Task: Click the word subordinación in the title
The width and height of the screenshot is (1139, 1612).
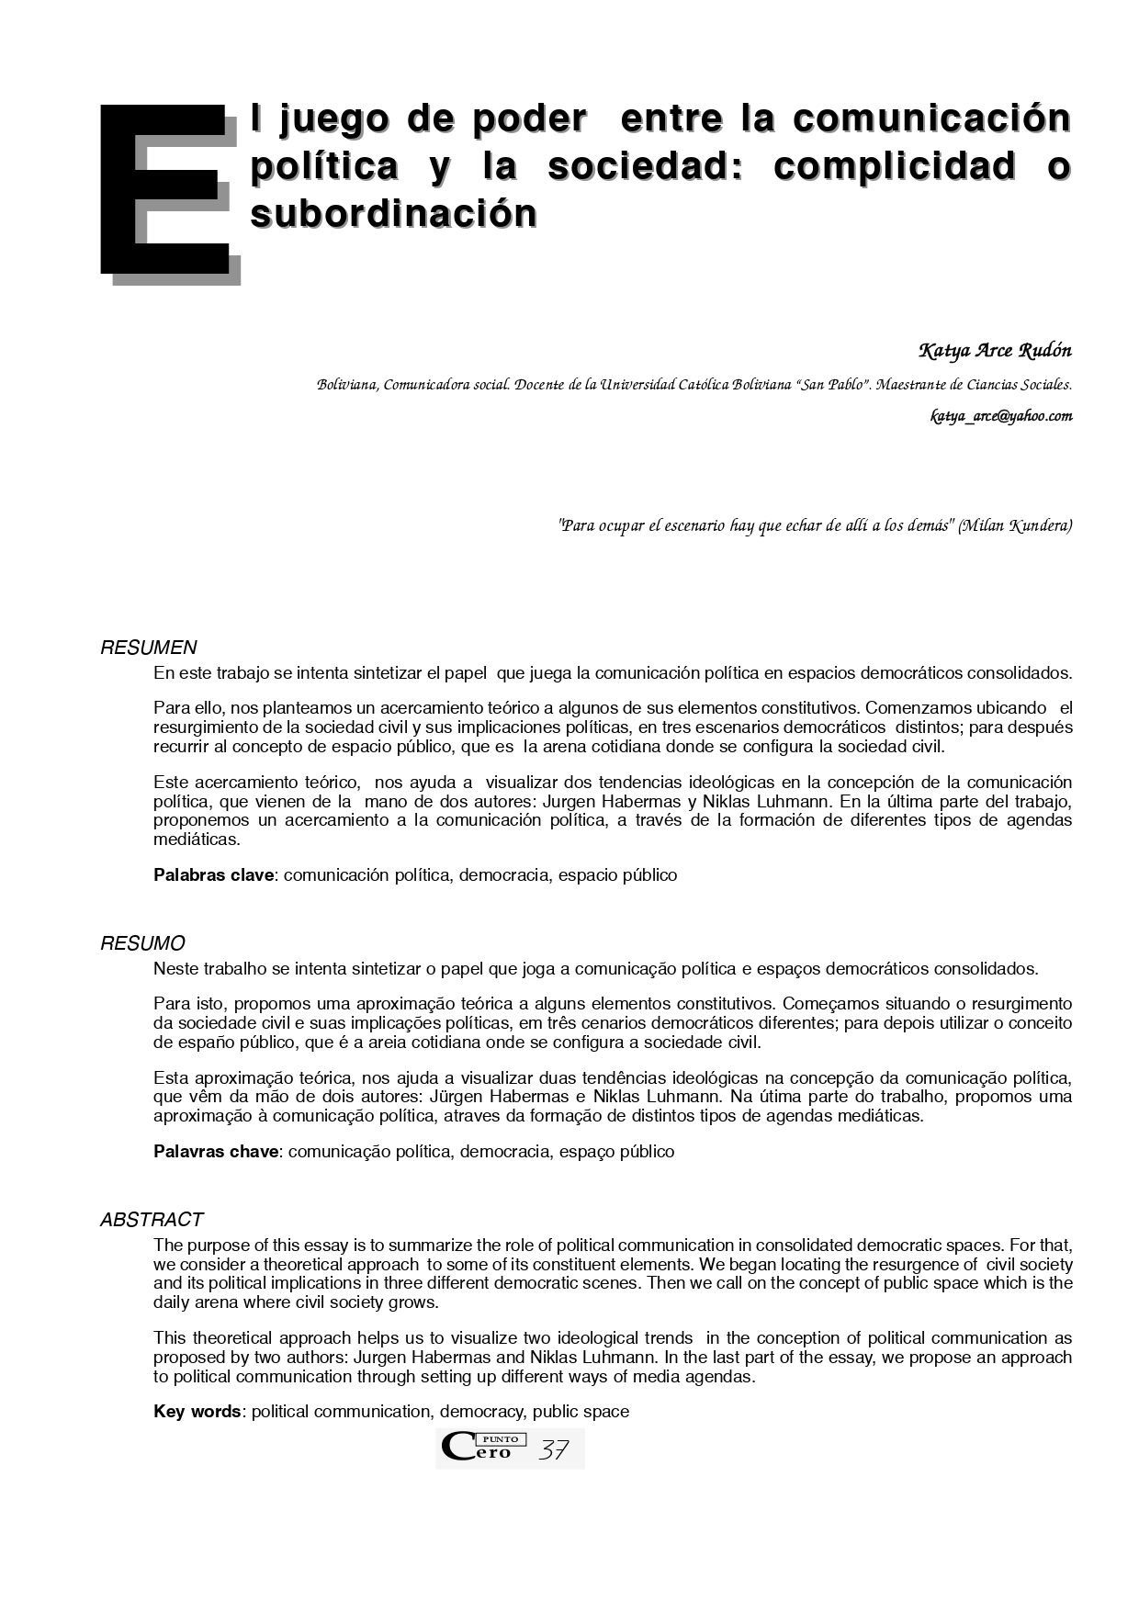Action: pos(393,214)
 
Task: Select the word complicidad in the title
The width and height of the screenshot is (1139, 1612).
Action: pos(894,166)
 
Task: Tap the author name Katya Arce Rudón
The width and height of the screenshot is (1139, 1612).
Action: pos(995,351)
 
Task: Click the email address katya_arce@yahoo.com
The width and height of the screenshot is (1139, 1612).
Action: pos(1001,416)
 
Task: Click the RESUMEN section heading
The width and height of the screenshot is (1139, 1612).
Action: pos(148,648)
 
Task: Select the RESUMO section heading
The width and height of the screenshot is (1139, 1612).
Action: pos(142,943)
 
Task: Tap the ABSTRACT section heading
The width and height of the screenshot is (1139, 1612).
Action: pos(152,1220)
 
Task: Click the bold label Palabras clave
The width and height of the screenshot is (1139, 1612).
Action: pos(213,875)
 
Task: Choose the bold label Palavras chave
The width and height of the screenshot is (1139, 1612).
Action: pos(216,1152)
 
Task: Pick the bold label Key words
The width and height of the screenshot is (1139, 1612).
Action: pos(197,1412)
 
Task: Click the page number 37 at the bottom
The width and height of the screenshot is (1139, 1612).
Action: pos(554,1450)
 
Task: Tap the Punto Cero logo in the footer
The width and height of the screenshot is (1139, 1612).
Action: pos(482,1449)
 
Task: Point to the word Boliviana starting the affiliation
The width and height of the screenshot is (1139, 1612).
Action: pos(346,384)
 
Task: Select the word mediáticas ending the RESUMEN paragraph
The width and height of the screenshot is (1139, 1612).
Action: pos(197,840)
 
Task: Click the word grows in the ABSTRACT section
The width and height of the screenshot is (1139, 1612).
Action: pos(417,1302)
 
